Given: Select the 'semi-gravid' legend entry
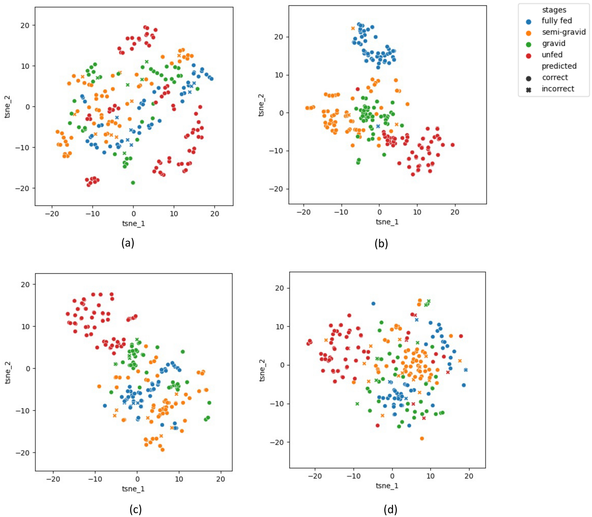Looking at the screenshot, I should click(563, 32).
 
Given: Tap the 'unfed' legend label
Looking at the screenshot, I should click(552, 55).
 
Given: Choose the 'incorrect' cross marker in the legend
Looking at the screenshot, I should click(528, 90).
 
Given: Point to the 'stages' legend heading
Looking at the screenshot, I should click(554, 10).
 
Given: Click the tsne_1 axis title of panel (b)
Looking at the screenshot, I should click(387, 222).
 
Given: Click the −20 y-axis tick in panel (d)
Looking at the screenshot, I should click(277, 442).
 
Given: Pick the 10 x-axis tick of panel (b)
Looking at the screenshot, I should click(417, 212).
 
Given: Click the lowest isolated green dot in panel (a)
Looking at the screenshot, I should click(133, 182).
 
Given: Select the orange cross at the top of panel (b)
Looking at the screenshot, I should click(353, 28).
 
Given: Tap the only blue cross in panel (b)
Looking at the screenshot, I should click(378, 126).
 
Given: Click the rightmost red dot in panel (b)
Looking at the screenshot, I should click(452, 145).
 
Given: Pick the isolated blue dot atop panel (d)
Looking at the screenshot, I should click(373, 303).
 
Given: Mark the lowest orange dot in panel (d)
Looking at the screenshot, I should click(422, 438).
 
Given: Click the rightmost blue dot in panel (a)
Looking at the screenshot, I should click(211, 79).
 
